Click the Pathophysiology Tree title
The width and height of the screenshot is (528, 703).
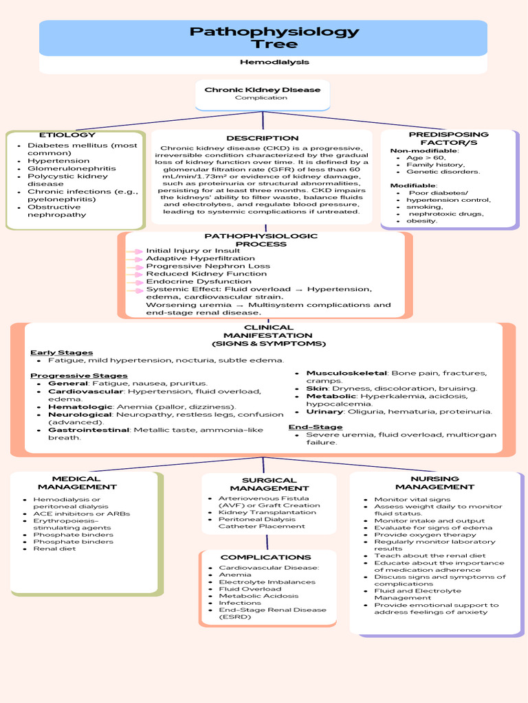click(x=274, y=38)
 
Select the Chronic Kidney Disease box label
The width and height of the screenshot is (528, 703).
click(x=263, y=90)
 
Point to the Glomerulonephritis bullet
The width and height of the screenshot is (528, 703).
click(x=71, y=168)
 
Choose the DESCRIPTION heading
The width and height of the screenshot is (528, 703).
click(x=263, y=139)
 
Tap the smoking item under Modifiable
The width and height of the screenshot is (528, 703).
click(x=424, y=207)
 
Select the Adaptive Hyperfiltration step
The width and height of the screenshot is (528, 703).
click(x=190, y=259)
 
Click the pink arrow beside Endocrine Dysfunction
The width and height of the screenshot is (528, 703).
click(x=135, y=281)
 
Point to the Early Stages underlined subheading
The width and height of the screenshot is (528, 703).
click(x=61, y=353)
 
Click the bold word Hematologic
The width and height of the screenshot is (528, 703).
click(x=76, y=406)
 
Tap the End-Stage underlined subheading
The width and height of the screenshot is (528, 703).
click(x=306, y=427)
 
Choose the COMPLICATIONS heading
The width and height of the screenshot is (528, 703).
click(x=266, y=557)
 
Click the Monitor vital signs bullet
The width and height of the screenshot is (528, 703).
click(x=412, y=500)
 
